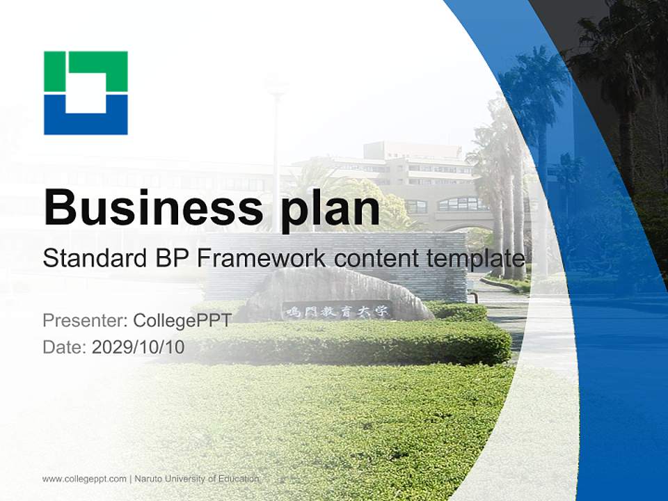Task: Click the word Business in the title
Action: tap(153, 208)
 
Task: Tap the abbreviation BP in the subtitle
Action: tap(172, 258)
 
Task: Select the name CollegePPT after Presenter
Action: tap(182, 320)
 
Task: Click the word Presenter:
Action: tap(85, 320)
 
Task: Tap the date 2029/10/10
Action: tap(138, 347)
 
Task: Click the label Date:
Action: tap(64, 347)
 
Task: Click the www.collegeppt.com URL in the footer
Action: tap(84, 479)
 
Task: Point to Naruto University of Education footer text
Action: tap(197, 479)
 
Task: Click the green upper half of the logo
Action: tap(86, 71)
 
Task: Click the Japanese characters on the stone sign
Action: tap(337, 311)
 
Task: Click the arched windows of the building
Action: tap(463, 205)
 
